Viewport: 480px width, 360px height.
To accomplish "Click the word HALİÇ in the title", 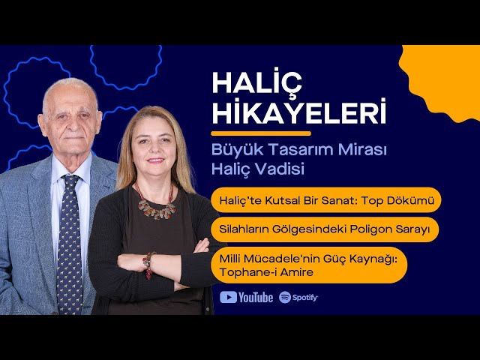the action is [256, 82].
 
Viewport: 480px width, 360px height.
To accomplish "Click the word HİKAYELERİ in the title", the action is [298, 111].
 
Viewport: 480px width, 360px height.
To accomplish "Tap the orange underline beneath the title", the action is [261, 133].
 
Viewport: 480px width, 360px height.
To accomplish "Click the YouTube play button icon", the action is [228, 297].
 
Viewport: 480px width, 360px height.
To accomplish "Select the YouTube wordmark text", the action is [256, 298].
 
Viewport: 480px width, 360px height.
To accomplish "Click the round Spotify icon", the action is [285, 297].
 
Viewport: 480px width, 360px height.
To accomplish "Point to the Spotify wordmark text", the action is [305, 298].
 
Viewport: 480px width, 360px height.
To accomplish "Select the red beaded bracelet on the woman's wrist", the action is [148, 265].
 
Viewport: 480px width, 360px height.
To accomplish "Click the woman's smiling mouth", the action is [156, 160].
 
